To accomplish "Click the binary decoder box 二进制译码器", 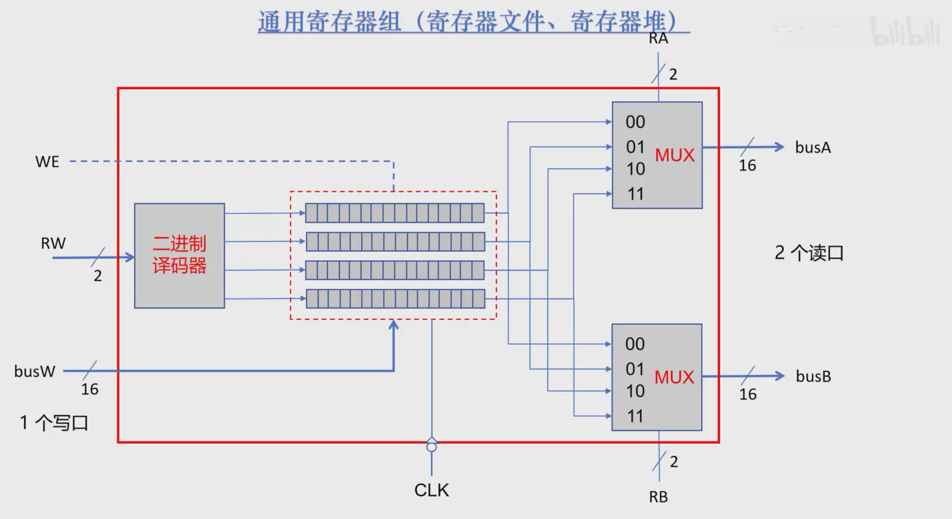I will tap(179, 255).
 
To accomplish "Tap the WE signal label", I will tap(47, 162).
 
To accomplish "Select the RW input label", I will tap(53, 244).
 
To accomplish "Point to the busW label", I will tap(35, 371).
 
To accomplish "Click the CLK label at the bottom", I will tap(431, 490).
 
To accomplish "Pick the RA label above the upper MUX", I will tap(658, 38).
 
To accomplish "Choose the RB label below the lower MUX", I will tap(658, 497).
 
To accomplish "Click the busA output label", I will tap(813, 148).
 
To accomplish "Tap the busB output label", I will tap(813, 377).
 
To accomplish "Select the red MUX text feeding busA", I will tap(675, 156).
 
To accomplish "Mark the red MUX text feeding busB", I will tap(674, 378).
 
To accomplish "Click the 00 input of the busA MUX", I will tap(635, 122).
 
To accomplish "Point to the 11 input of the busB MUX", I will tap(635, 416).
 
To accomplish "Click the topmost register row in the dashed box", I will tap(395, 213).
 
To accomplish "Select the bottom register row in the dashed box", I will tap(395, 299).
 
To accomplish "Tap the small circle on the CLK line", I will tap(431, 447).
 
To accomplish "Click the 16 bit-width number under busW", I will tap(90, 389).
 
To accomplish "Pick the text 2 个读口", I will tap(809, 253).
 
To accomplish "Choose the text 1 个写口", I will tap(54, 423).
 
